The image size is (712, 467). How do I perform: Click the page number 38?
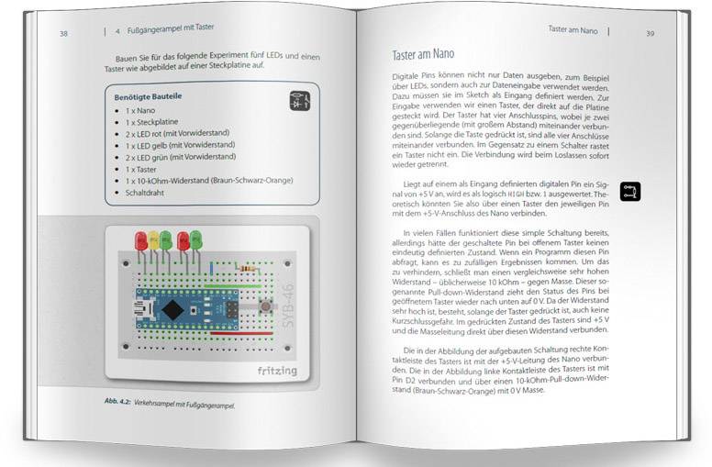[x=63, y=34]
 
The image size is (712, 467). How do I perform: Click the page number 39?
[x=650, y=34]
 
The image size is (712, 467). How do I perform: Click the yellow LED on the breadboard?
[x=153, y=240]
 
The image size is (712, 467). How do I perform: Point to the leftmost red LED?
[x=141, y=241]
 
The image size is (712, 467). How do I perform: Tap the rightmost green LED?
[x=195, y=240]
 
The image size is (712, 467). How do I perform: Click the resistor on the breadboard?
[x=246, y=267]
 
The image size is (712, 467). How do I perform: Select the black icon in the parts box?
[x=299, y=101]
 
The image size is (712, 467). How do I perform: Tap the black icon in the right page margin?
[x=630, y=191]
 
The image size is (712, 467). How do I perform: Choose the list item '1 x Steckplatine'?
[x=155, y=121]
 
